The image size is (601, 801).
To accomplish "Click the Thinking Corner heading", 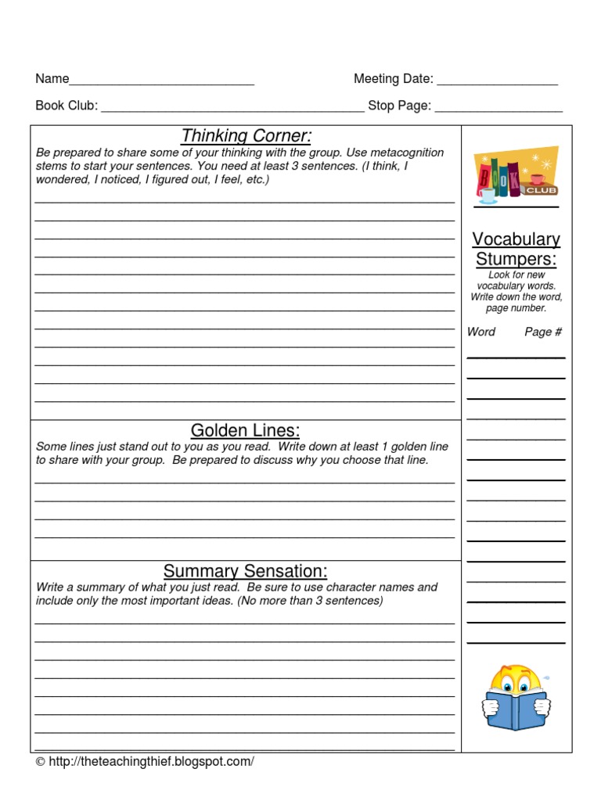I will tap(247, 136).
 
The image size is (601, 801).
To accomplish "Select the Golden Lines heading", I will tap(245, 431).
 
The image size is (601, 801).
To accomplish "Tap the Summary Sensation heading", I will tap(245, 571).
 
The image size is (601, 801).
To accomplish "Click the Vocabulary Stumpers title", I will tap(516, 249).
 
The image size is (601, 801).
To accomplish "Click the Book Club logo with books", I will tap(516, 174).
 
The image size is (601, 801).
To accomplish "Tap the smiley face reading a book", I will tap(515, 692).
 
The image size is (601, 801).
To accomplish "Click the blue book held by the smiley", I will tap(515, 706).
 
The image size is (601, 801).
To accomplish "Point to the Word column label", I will tap(481, 332).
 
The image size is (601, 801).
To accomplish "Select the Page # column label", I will tap(543, 332).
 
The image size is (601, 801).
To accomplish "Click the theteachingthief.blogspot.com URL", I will tap(151, 761).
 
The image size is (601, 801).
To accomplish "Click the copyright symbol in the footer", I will tap(41, 762).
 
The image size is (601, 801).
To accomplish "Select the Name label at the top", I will tap(52, 78).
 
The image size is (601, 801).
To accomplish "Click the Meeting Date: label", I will tap(393, 78).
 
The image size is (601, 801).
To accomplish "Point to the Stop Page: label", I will tap(399, 106).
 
